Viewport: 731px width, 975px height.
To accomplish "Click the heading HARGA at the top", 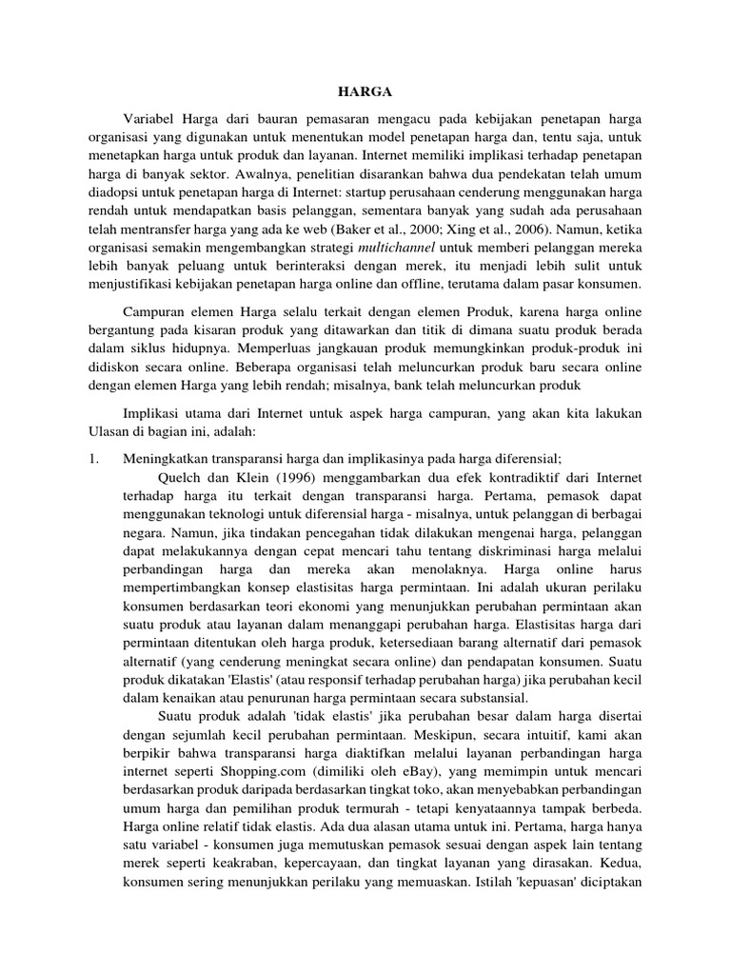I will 365,92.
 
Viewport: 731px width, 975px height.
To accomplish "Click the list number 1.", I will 83,458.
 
